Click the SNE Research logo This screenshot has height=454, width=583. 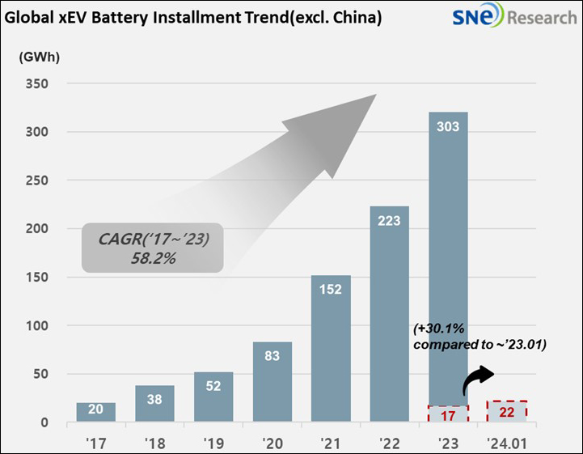513,17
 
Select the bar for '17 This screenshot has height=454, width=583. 96,412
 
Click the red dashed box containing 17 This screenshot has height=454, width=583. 447,414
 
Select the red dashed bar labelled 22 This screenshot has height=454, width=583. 506,411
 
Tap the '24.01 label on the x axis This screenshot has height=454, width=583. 506,442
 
